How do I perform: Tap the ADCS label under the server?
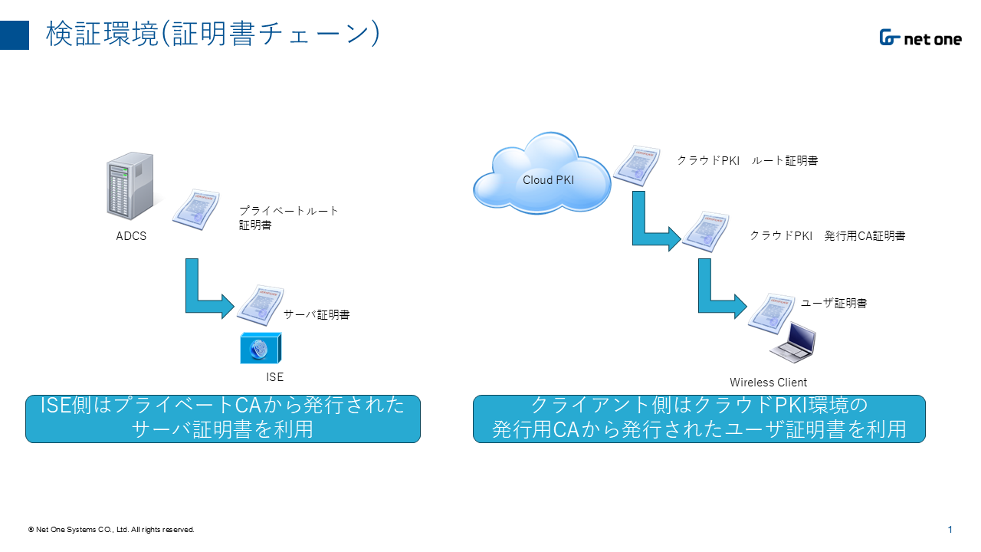click(131, 236)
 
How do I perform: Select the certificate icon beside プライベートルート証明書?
click(196, 209)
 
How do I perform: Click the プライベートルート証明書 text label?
click(288, 218)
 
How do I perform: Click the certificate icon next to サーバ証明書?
click(261, 305)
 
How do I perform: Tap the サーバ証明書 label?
click(317, 314)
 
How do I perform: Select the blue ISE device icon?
click(261, 349)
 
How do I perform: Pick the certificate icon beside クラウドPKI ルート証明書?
click(637, 165)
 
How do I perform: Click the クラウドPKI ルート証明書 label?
click(747, 160)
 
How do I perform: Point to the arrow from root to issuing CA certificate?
click(650, 227)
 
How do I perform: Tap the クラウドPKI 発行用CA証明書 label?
click(827, 235)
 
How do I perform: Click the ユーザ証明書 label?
click(833, 303)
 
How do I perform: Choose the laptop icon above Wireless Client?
click(794, 343)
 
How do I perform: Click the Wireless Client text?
click(768, 383)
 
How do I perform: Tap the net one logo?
click(920, 38)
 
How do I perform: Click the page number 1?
click(950, 530)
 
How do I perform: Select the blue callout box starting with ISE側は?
click(223, 419)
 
